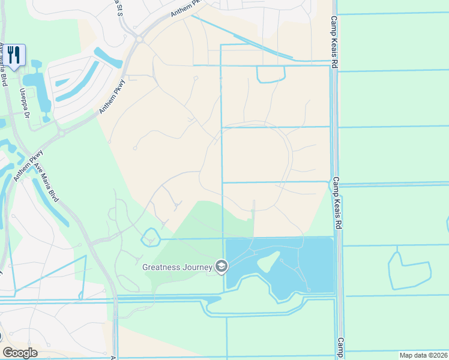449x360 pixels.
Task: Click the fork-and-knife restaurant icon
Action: tap(14, 55)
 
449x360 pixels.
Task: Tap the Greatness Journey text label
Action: tap(177, 266)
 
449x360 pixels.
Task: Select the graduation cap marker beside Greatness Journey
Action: tap(221, 266)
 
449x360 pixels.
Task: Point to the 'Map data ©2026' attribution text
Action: tap(423, 355)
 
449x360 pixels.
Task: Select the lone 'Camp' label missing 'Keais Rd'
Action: tap(339, 348)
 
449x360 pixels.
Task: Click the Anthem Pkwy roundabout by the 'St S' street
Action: tap(139, 39)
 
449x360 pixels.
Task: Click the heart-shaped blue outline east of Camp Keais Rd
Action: tap(410, 269)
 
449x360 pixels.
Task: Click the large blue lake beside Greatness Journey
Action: tap(312, 264)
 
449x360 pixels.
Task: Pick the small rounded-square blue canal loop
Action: tap(271, 74)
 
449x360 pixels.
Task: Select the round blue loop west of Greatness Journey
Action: tap(151, 238)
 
